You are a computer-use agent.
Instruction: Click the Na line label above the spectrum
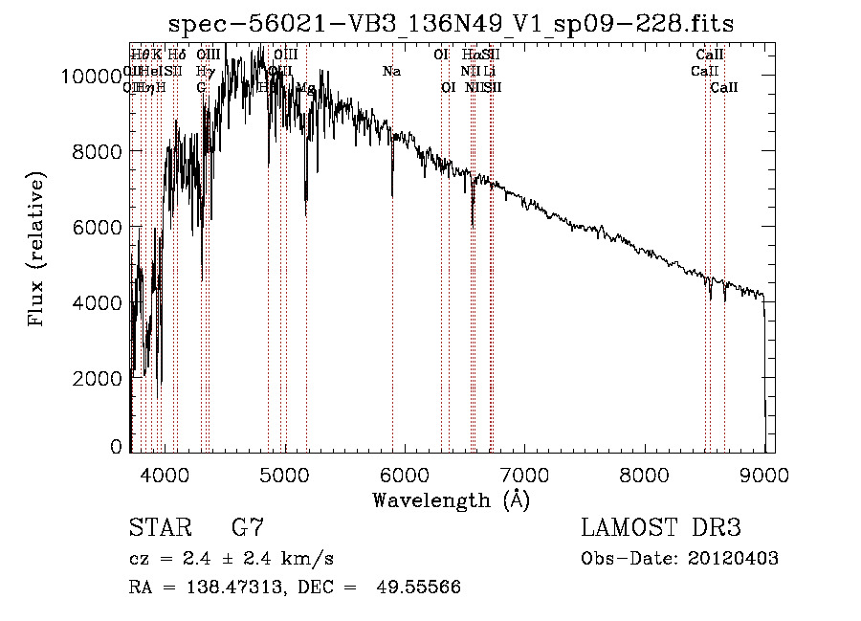pyautogui.click(x=391, y=71)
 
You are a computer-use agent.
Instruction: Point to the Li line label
pyautogui.click(x=489, y=71)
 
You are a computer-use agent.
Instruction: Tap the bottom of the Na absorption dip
pyautogui.click(x=392, y=194)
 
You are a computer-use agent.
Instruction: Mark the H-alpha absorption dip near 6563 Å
pyautogui.click(x=473, y=225)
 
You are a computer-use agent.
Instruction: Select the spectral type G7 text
pyautogui.click(x=247, y=527)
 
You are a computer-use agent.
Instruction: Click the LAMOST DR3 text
pyautogui.click(x=661, y=527)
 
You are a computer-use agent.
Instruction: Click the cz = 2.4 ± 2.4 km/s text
pyautogui.click(x=231, y=558)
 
